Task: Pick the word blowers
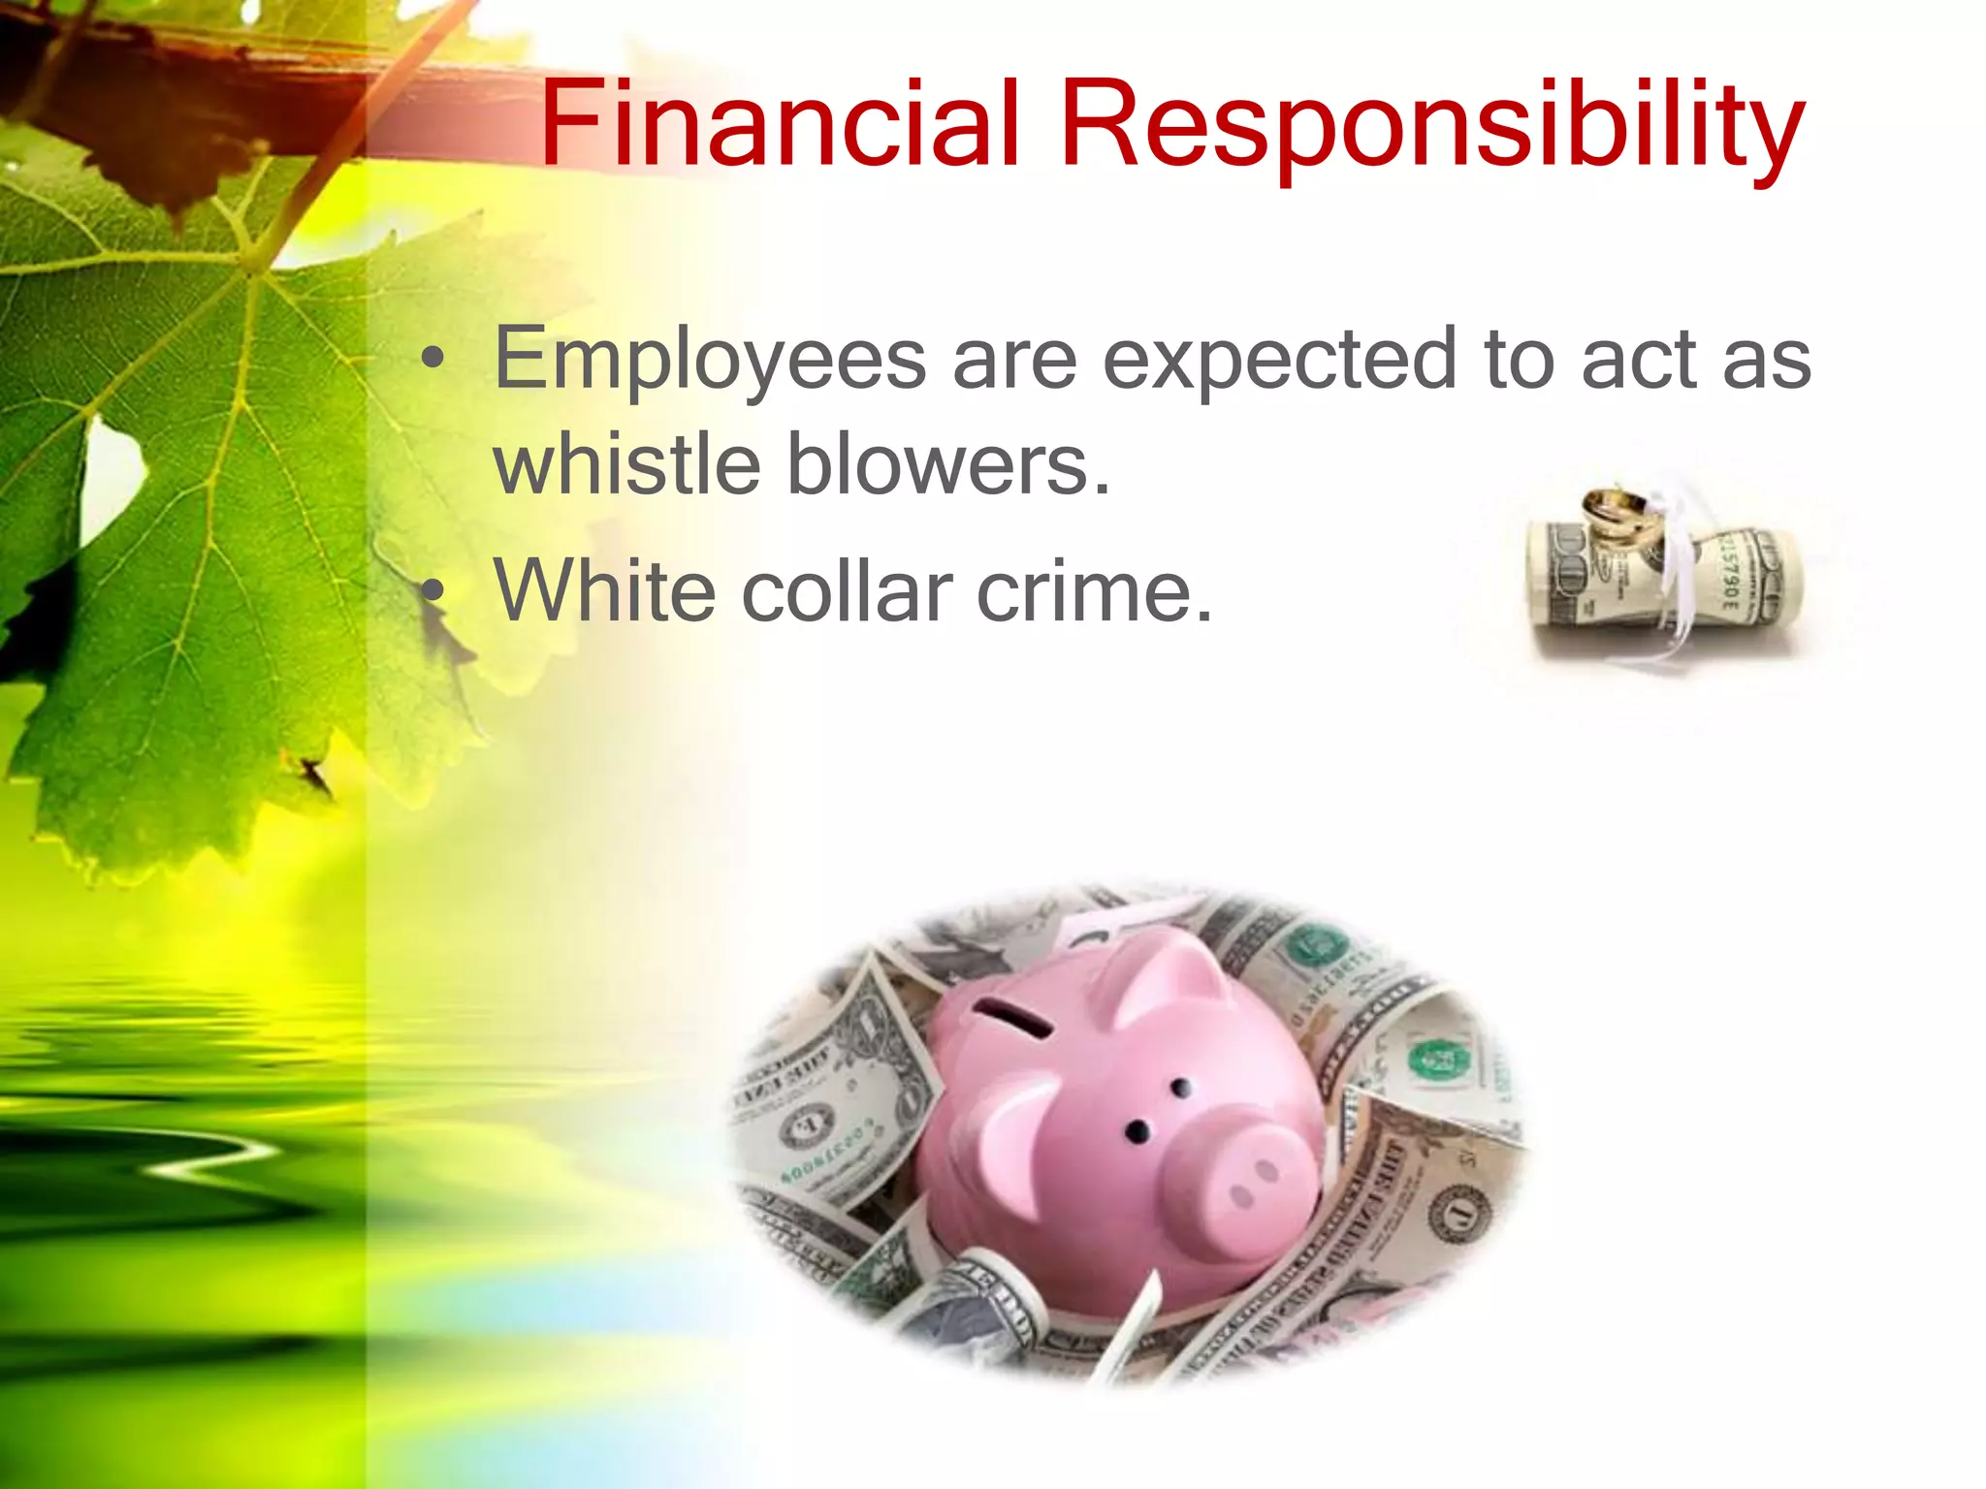coord(947,464)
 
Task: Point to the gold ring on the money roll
coord(1617,515)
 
